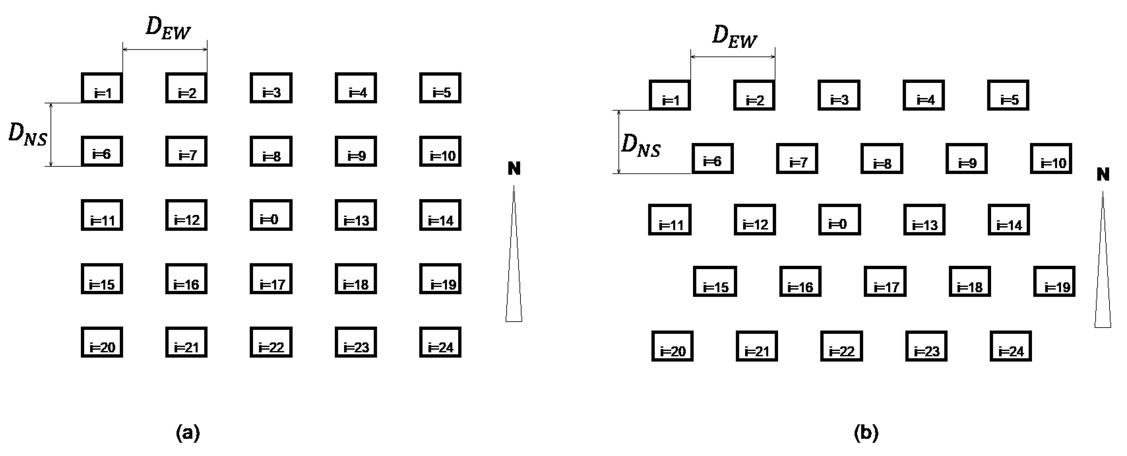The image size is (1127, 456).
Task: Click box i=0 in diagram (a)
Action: point(271,215)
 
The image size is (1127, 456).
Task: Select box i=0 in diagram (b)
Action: point(839,220)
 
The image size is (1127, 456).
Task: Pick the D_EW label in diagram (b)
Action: point(734,36)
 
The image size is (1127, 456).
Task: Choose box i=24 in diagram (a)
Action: point(440,342)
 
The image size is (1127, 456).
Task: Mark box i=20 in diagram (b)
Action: point(672,346)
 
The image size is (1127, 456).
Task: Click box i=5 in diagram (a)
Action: point(440,88)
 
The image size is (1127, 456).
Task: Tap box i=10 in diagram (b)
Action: point(1051,158)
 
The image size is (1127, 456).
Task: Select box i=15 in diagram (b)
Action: point(715,281)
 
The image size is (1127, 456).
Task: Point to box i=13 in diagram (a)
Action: point(356,215)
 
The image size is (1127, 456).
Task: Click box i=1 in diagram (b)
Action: point(669,95)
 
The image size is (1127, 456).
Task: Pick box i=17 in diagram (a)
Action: point(271,279)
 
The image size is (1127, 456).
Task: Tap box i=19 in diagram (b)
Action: point(1054,281)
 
